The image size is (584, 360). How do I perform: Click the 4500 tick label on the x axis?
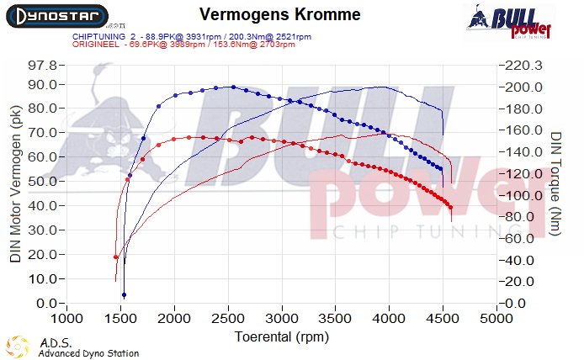(x=443, y=319)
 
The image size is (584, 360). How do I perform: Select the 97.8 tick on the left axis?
(x=42, y=66)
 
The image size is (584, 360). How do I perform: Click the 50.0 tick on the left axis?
(x=42, y=181)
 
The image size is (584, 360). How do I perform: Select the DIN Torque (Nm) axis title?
(x=555, y=182)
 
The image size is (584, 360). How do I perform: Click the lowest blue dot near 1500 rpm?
(x=124, y=295)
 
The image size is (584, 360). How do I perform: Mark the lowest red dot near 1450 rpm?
(x=116, y=257)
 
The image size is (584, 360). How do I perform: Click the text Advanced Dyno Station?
(x=88, y=353)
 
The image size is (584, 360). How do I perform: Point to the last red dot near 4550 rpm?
(x=451, y=207)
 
